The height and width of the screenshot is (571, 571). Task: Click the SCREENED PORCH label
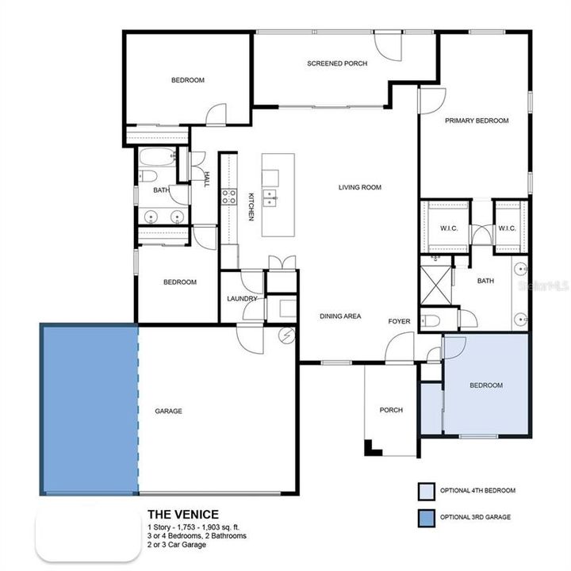(337, 63)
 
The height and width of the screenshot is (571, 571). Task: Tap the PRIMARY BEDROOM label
(476, 121)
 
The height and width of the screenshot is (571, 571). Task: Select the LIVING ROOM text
(360, 188)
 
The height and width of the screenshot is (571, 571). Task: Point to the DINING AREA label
(340, 316)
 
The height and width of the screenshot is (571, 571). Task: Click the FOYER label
(399, 321)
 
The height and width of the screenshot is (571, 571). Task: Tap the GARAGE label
(168, 411)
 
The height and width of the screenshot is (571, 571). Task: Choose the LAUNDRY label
(241, 299)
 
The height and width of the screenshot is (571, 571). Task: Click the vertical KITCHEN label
(251, 206)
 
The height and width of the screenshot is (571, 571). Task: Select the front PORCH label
(391, 410)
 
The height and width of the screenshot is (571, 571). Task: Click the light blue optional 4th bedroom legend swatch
(427, 491)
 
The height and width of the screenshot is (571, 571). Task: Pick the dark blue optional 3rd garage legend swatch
(427, 517)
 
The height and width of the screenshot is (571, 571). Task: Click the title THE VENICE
(183, 514)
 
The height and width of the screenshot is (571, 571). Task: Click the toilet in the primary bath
(430, 320)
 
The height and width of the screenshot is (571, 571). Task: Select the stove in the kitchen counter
(228, 196)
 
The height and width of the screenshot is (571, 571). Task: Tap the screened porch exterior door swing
(389, 46)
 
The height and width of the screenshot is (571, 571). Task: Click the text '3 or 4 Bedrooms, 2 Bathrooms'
(197, 536)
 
